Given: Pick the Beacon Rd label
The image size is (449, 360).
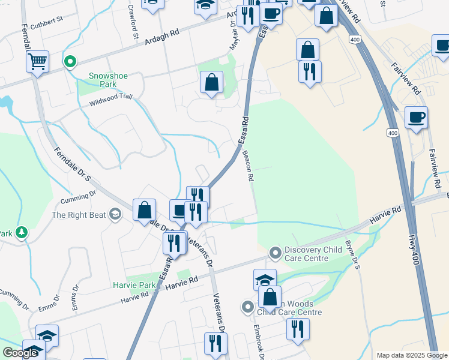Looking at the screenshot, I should click(x=249, y=167).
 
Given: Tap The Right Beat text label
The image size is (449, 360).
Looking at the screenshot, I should click(x=79, y=215).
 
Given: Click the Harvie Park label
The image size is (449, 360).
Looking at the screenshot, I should click(x=133, y=284).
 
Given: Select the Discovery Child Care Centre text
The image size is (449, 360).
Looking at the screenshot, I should click(x=307, y=254).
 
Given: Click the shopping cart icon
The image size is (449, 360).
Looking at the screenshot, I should click(x=37, y=61).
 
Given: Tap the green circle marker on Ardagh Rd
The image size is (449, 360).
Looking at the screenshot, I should click(x=70, y=61).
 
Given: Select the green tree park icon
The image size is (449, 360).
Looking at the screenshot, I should click(x=22, y=232).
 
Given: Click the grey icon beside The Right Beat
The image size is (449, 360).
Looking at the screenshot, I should click(x=115, y=215).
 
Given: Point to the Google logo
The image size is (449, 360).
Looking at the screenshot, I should click(x=20, y=353).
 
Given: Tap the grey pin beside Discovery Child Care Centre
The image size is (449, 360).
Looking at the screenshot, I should click(x=276, y=253).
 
